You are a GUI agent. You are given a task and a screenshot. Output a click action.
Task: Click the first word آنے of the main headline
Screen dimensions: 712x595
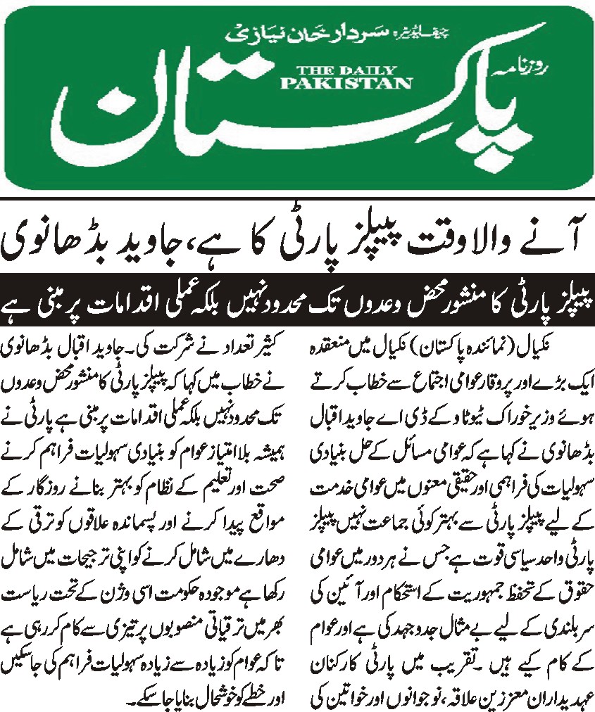(545, 241)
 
